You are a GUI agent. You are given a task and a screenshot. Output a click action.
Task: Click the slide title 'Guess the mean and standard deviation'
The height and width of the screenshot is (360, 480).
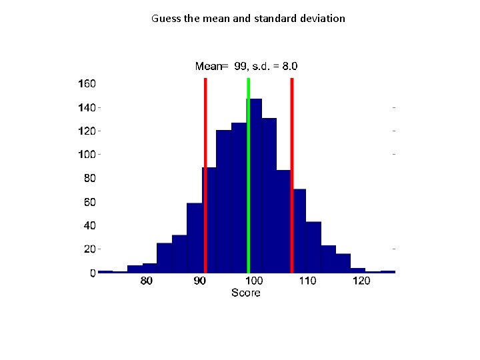click(248, 19)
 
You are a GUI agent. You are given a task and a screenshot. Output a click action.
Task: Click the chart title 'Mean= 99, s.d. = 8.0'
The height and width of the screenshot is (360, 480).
click(246, 66)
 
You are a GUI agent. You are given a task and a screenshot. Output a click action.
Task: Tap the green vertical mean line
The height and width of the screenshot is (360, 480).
click(249, 173)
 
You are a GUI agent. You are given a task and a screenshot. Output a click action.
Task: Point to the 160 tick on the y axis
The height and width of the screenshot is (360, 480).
click(87, 84)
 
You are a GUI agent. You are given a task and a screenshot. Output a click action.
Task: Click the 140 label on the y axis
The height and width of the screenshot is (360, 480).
click(87, 107)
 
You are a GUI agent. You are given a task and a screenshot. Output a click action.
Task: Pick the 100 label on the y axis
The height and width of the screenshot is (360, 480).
click(87, 155)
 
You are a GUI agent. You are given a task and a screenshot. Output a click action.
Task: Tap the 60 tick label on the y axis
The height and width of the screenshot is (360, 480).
click(89, 202)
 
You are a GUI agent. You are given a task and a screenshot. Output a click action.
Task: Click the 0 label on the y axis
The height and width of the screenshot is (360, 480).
click(93, 273)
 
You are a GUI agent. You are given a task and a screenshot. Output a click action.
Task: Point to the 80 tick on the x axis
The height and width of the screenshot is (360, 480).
click(146, 281)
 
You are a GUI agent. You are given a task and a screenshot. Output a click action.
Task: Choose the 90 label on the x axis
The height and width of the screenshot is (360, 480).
click(200, 281)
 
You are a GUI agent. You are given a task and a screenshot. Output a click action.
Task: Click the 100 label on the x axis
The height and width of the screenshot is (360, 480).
click(254, 281)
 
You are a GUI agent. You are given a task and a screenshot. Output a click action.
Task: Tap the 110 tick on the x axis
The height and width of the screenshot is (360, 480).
click(307, 281)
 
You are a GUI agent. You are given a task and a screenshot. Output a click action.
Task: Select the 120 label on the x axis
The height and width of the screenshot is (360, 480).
click(361, 281)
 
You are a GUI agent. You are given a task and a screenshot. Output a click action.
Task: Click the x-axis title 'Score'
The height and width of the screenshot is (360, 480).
click(245, 293)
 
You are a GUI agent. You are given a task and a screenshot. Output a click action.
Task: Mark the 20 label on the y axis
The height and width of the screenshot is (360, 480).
click(89, 249)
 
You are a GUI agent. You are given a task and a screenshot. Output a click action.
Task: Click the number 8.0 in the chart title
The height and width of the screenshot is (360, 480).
click(289, 66)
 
